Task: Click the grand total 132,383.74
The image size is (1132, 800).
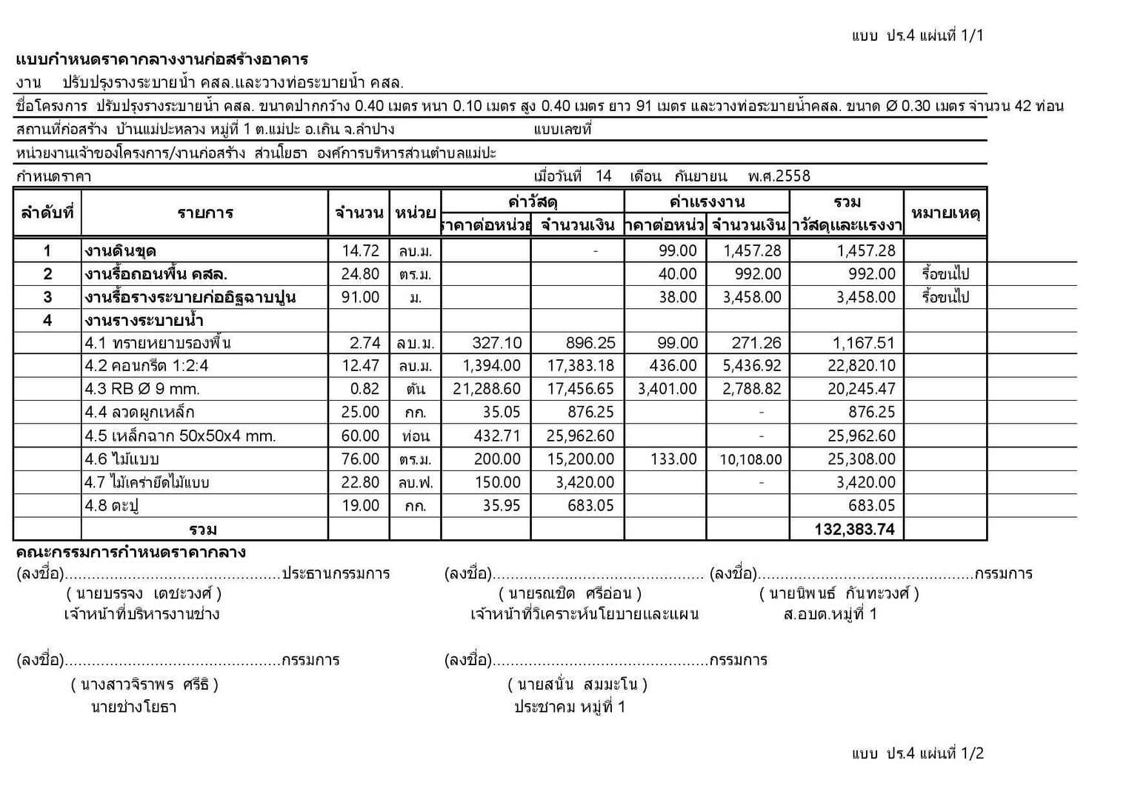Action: tap(854, 529)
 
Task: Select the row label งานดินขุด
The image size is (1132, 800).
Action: tap(120, 251)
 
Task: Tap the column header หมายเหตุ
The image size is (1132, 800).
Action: tap(945, 213)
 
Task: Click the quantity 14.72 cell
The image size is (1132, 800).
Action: tap(360, 251)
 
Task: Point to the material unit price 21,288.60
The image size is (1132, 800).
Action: tap(486, 389)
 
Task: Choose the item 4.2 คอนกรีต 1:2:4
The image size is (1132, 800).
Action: tap(147, 366)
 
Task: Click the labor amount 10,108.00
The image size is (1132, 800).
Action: tap(750, 459)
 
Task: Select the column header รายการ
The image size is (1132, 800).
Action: tap(205, 213)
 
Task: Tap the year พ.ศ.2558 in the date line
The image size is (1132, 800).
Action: tap(779, 176)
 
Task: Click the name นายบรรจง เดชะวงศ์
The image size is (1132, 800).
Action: tap(144, 593)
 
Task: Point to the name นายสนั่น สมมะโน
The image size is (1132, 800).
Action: tap(578, 684)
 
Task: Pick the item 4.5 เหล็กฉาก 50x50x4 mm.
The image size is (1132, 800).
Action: tap(180, 436)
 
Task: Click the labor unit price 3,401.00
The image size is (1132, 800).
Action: tap(667, 389)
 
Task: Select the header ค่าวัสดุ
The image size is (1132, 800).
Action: tap(533, 201)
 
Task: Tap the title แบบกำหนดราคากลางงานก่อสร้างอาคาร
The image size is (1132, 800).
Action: tap(162, 59)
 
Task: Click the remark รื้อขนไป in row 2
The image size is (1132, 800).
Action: tap(945, 274)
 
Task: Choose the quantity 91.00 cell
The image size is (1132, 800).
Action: tap(360, 297)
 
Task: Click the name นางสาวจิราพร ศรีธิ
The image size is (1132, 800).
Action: tap(144, 684)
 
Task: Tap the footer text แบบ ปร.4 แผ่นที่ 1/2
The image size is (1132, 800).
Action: tap(917, 753)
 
